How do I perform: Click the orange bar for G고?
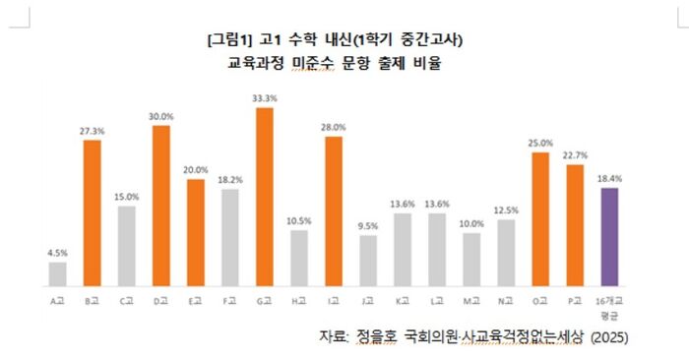click(x=264, y=197)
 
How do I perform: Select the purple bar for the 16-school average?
click(x=609, y=236)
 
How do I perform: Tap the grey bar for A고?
click(x=58, y=273)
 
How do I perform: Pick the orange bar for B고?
click(x=92, y=212)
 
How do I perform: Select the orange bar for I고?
click(x=333, y=210)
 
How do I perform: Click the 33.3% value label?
click(x=264, y=98)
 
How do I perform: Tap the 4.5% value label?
click(x=58, y=253)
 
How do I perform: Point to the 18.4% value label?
click(x=609, y=179)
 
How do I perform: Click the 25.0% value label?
click(x=539, y=144)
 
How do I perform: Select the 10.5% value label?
click(x=298, y=221)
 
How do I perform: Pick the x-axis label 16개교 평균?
click(x=609, y=304)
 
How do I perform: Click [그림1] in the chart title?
click(x=230, y=40)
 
